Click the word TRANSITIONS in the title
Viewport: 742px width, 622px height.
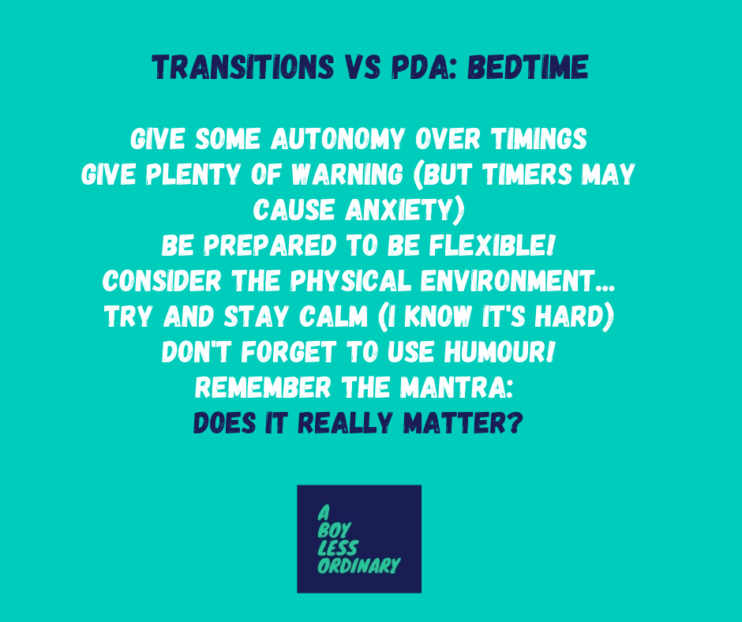pyautogui.click(x=243, y=67)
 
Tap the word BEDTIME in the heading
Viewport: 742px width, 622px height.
pyautogui.click(x=528, y=67)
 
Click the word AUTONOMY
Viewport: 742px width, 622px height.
pyautogui.click(x=338, y=139)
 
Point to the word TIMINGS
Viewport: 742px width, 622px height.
pyautogui.click(x=539, y=139)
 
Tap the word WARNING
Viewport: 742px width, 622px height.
pyautogui.click(x=347, y=174)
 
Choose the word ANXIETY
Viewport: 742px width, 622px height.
pyautogui.click(x=405, y=210)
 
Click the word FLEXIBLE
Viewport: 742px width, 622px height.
pyautogui.click(x=492, y=245)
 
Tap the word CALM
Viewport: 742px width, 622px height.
pyautogui.click(x=333, y=317)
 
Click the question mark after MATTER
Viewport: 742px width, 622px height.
pyautogui.click(x=515, y=423)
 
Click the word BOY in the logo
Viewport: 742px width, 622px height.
pyautogui.click(x=335, y=530)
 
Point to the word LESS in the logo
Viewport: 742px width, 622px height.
pyautogui.click(x=338, y=548)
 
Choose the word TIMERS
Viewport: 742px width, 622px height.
pyautogui.click(x=527, y=174)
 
